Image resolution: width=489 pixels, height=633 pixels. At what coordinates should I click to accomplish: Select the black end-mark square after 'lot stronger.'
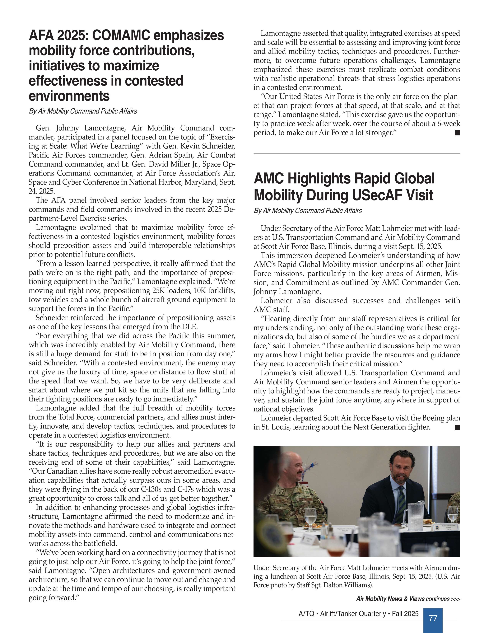coord(457,133)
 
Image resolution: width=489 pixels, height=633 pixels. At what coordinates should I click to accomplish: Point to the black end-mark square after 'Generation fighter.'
coord(457,427)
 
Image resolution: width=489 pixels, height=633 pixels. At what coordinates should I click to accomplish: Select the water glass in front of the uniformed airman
coord(310,519)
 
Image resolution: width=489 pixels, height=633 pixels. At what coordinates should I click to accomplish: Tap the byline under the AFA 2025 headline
coord(83,111)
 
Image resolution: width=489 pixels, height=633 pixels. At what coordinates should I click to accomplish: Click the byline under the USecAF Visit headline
coord(308,211)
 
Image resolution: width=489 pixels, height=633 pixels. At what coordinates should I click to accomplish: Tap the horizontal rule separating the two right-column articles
coord(357,154)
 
